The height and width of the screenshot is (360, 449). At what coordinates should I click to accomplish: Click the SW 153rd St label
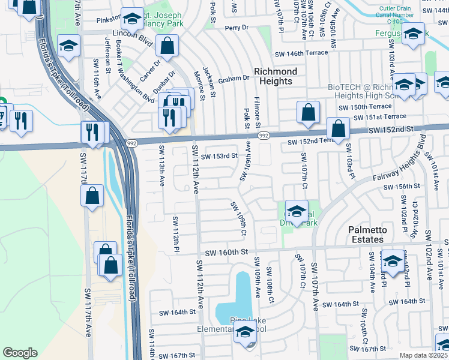click(219, 156)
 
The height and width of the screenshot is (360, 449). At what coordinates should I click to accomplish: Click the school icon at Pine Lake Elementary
click(244, 332)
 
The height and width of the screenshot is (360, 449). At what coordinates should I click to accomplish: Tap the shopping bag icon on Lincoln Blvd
click(167, 45)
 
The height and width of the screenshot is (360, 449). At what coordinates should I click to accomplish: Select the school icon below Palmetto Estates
click(393, 262)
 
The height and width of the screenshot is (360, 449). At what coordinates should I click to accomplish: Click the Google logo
click(20, 353)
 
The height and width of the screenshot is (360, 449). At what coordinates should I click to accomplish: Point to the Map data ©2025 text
click(423, 355)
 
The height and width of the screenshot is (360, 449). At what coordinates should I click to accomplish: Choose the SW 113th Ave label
click(161, 165)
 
